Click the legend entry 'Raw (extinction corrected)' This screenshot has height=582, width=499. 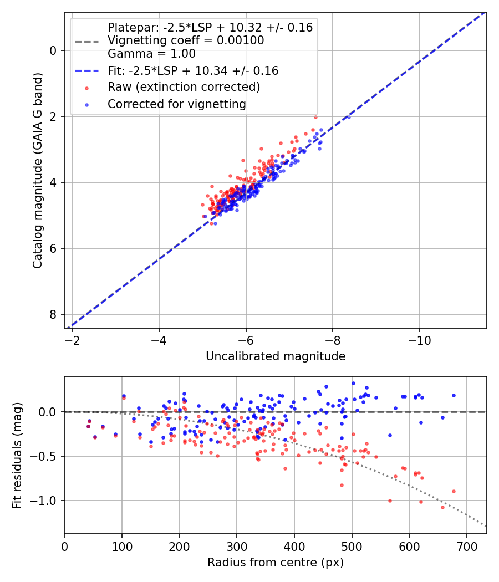(184, 87)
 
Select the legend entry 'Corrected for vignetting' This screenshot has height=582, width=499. (176, 104)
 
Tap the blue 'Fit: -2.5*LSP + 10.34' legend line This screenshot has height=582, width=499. (86, 71)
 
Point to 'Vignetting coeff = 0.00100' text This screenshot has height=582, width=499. (185, 40)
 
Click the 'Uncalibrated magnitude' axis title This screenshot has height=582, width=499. (276, 356)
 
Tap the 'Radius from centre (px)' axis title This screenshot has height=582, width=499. (276, 563)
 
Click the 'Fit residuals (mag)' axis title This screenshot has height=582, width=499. (17, 455)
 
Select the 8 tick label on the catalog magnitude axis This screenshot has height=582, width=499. (53, 314)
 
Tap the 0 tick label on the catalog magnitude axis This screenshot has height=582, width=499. (53, 50)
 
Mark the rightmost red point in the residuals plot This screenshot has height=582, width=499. (454, 491)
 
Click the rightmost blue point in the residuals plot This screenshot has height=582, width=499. (454, 395)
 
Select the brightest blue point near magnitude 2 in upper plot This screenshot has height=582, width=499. (348, 116)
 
